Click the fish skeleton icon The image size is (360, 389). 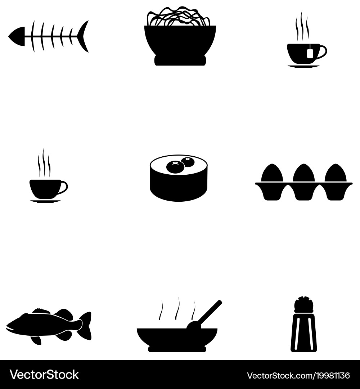point(49,36)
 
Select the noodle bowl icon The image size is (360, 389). point(180,40)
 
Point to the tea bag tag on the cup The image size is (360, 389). point(310,53)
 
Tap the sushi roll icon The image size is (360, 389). point(179,178)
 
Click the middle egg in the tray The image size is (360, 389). point(303,173)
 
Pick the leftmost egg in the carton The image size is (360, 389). point(272,173)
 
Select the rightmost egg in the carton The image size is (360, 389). point(336,173)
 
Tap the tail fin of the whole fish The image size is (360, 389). point(86,325)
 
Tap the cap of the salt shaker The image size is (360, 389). point(304,304)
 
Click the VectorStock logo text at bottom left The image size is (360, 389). point(44,375)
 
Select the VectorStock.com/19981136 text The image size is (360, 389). point(298,375)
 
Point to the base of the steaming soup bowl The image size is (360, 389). point(177,349)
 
